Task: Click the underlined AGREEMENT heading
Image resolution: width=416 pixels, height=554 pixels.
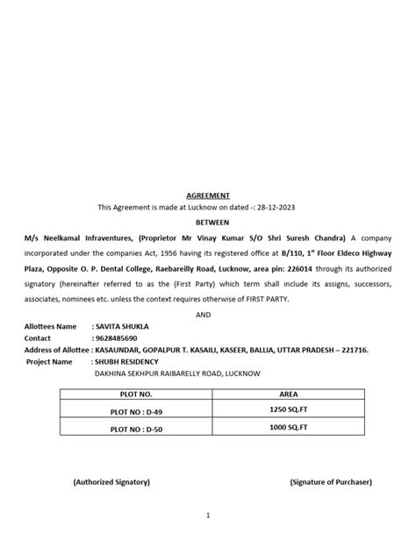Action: click(208, 195)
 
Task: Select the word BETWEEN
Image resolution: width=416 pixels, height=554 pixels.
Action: click(208, 223)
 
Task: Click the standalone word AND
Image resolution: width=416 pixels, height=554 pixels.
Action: click(208, 313)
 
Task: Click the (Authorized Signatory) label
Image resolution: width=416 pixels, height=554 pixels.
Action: click(111, 481)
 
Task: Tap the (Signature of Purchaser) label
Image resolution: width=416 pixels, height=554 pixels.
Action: click(331, 481)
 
